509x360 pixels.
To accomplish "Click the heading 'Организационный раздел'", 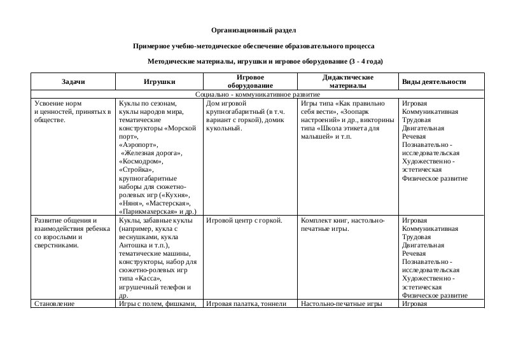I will click(x=253, y=30).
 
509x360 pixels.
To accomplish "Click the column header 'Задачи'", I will click(x=73, y=81).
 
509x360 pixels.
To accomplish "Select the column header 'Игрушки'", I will click(x=160, y=81).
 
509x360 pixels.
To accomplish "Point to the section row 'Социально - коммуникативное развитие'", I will click(x=258, y=94).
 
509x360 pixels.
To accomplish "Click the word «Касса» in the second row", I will click(x=147, y=279).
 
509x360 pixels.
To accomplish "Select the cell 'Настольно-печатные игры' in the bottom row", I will click(x=341, y=304).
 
